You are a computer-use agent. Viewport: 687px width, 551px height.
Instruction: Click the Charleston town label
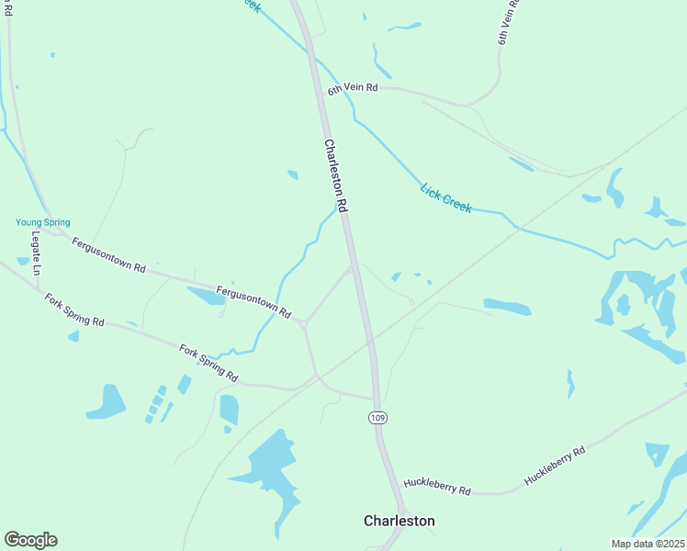click(x=399, y=521)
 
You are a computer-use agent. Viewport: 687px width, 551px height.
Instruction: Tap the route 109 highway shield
click(x=377, y=418)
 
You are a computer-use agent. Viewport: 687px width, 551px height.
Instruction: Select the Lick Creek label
click(x=445, y=198)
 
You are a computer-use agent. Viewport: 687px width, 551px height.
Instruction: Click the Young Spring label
click(x=42, y=222)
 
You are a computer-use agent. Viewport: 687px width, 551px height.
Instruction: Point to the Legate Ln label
click(x=37, y=253)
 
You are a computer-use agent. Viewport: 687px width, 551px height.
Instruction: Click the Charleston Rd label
click(x=336, y=176)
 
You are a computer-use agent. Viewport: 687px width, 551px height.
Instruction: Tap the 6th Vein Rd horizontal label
click(x=353, y=88)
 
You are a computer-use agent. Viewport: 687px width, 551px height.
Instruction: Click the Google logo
click(x=30, y=540)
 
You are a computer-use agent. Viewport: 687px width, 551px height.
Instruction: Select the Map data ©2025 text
click(x=648, y=544)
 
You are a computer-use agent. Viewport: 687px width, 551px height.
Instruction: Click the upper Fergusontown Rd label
click(x=108, y=256)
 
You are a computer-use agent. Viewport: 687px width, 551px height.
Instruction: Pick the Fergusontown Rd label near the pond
click(x=253, y=303)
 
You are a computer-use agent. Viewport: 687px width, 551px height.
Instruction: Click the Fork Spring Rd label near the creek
click(x=208, y=364)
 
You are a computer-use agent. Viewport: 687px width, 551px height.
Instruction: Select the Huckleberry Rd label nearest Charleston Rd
click(x=436, y=486)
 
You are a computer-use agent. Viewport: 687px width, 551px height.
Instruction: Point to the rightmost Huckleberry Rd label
click(x=554, y=467)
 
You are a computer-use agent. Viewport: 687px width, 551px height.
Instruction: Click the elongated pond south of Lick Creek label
click(x=507, y=306)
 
